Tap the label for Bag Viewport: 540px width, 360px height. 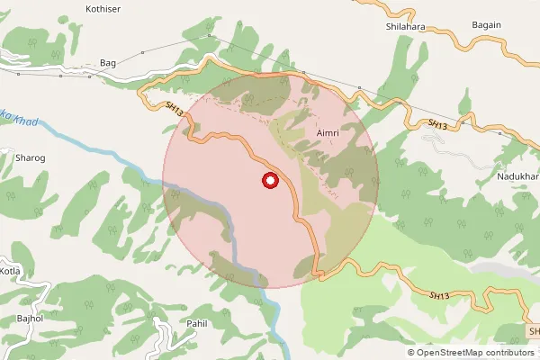(108, 63)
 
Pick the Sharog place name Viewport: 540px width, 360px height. (31, 157)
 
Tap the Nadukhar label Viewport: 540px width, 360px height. (517, 176)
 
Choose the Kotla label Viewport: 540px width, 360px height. (9, 271)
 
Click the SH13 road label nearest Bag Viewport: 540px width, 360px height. (175, 108)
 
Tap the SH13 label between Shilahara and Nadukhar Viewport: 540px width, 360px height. (436, 122)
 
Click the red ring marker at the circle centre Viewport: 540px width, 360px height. (269, 181)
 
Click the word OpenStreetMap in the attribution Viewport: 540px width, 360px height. (449, 353)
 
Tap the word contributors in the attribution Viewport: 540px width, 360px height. (508, 353)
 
